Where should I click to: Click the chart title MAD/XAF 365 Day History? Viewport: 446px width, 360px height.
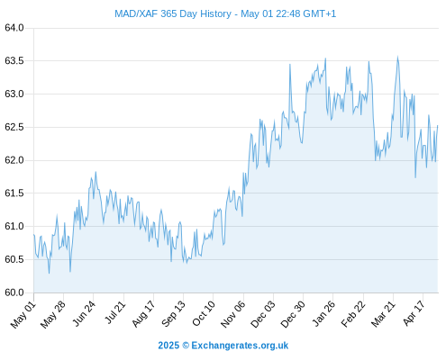pos(173,13)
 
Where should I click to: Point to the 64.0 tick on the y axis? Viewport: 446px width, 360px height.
pos(14,28)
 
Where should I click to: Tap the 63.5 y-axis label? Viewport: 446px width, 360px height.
pos(14,61)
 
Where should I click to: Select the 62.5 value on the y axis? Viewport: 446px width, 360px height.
pos(14,127)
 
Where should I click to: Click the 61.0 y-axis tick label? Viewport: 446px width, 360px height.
pos(14,226)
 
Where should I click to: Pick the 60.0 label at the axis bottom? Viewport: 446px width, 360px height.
pos(14,292)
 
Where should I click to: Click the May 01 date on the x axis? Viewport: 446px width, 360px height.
pos(23,315)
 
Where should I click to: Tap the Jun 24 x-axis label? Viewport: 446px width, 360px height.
pos(84,313)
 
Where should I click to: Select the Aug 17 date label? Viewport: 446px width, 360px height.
pos(143,314)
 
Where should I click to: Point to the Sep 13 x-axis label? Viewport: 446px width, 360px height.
pos(173,314)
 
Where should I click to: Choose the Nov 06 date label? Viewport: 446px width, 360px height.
pos(232,314)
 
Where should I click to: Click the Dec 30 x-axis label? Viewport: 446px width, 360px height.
pos(293,314)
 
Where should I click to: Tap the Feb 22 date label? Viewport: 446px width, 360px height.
pos(353,314)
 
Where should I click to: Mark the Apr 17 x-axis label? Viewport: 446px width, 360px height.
pos(414,313)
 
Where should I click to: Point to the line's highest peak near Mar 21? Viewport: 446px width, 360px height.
pos(397,56)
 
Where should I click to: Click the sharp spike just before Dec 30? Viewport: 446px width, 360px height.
pos(290,64)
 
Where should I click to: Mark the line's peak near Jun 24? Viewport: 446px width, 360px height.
pos(96,172)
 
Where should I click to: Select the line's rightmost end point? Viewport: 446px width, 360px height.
pos(438,126)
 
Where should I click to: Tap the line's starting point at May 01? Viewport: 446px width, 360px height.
pos(34,235)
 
